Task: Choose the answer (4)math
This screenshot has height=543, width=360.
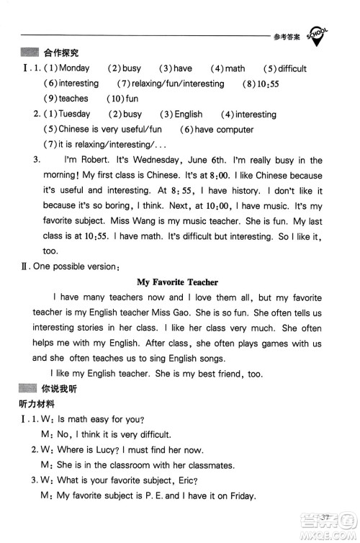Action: (228, 69)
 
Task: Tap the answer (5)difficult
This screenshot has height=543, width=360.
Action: (284, 69)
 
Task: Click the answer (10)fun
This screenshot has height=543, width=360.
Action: (122, 99)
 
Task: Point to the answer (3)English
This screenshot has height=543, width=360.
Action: (181, 115)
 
